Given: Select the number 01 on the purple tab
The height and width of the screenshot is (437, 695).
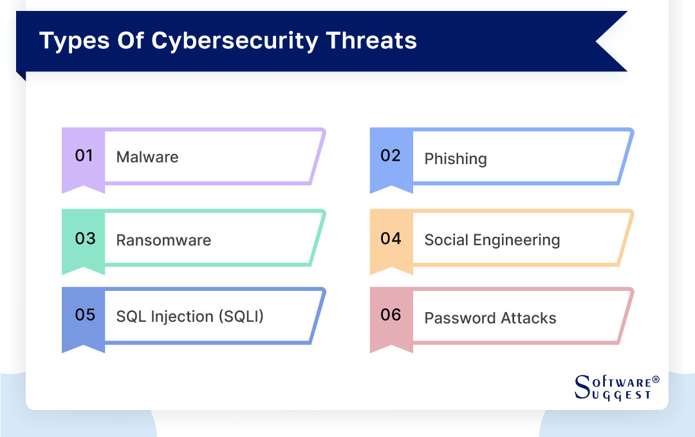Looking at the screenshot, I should pos(84,156).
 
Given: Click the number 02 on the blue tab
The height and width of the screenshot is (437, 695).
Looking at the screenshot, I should pos(391,156).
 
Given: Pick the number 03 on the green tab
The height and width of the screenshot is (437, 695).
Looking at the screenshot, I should pos(85,239).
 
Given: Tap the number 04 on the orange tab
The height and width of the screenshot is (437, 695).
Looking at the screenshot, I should pos(391,239).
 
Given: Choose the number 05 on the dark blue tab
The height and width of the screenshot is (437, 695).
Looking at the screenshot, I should pos(85,315).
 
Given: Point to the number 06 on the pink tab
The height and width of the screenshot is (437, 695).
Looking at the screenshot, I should pos(391,315).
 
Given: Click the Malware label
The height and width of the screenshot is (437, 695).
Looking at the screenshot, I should pos(147,157).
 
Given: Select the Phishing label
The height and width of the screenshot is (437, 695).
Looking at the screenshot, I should pos(456,159).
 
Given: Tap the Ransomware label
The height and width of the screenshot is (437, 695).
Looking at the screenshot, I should pos(163,241).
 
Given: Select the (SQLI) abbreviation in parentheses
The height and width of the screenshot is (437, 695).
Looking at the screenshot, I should pos(241,317).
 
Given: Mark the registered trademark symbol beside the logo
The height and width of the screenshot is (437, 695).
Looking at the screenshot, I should pos(656,379).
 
